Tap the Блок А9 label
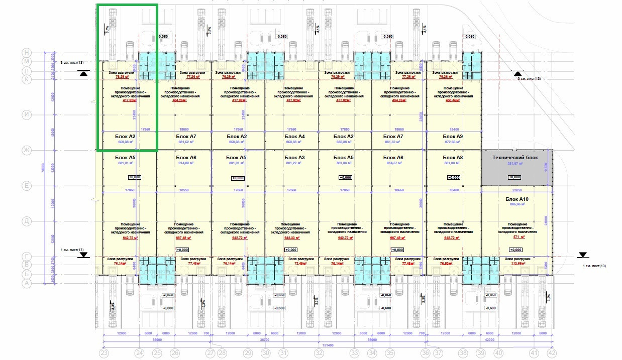(453, 136)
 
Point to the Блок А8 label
(453, 158)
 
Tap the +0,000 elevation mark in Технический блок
(514, 177)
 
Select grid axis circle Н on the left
(28, 52)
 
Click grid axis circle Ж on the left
(28, 150)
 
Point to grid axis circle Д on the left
(28, 221)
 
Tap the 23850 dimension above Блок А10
(517, 191)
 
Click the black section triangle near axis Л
(83, 73)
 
